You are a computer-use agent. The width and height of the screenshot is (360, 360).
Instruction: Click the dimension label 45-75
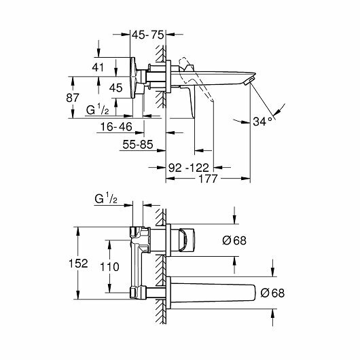tap(148, 35)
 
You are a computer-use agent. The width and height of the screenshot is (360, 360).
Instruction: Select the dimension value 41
tap(98, 67)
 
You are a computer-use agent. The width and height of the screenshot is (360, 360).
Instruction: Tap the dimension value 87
tap(73, 98)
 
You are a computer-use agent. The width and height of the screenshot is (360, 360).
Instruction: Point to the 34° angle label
tap(262, 122)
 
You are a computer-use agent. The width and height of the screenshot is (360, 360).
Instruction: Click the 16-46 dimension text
tap(116, 127)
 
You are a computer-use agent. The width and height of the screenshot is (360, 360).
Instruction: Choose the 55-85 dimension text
tap(138, 145)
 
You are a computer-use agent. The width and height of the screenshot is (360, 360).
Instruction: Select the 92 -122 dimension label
tap(189, 168)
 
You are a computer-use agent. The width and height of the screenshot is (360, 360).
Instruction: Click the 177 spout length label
tap(208, 179)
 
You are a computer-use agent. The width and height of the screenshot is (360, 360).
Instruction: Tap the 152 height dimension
tap(78, 264)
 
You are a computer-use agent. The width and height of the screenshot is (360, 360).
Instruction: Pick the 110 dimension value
tap(109, 267)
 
